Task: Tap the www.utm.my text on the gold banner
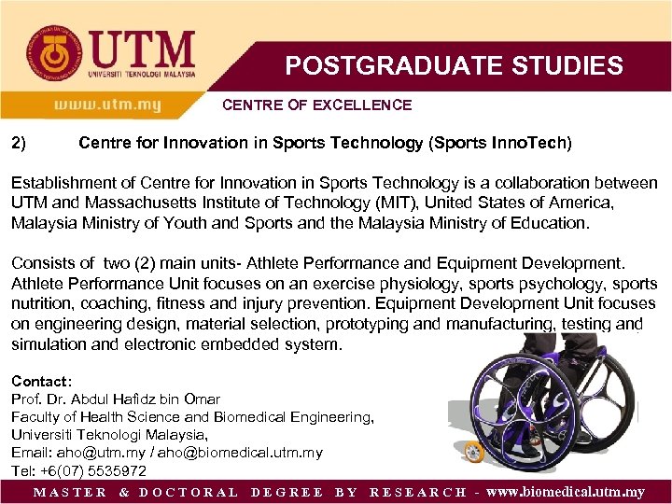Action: [107, 105]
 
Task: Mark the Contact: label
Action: [41, 382]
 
